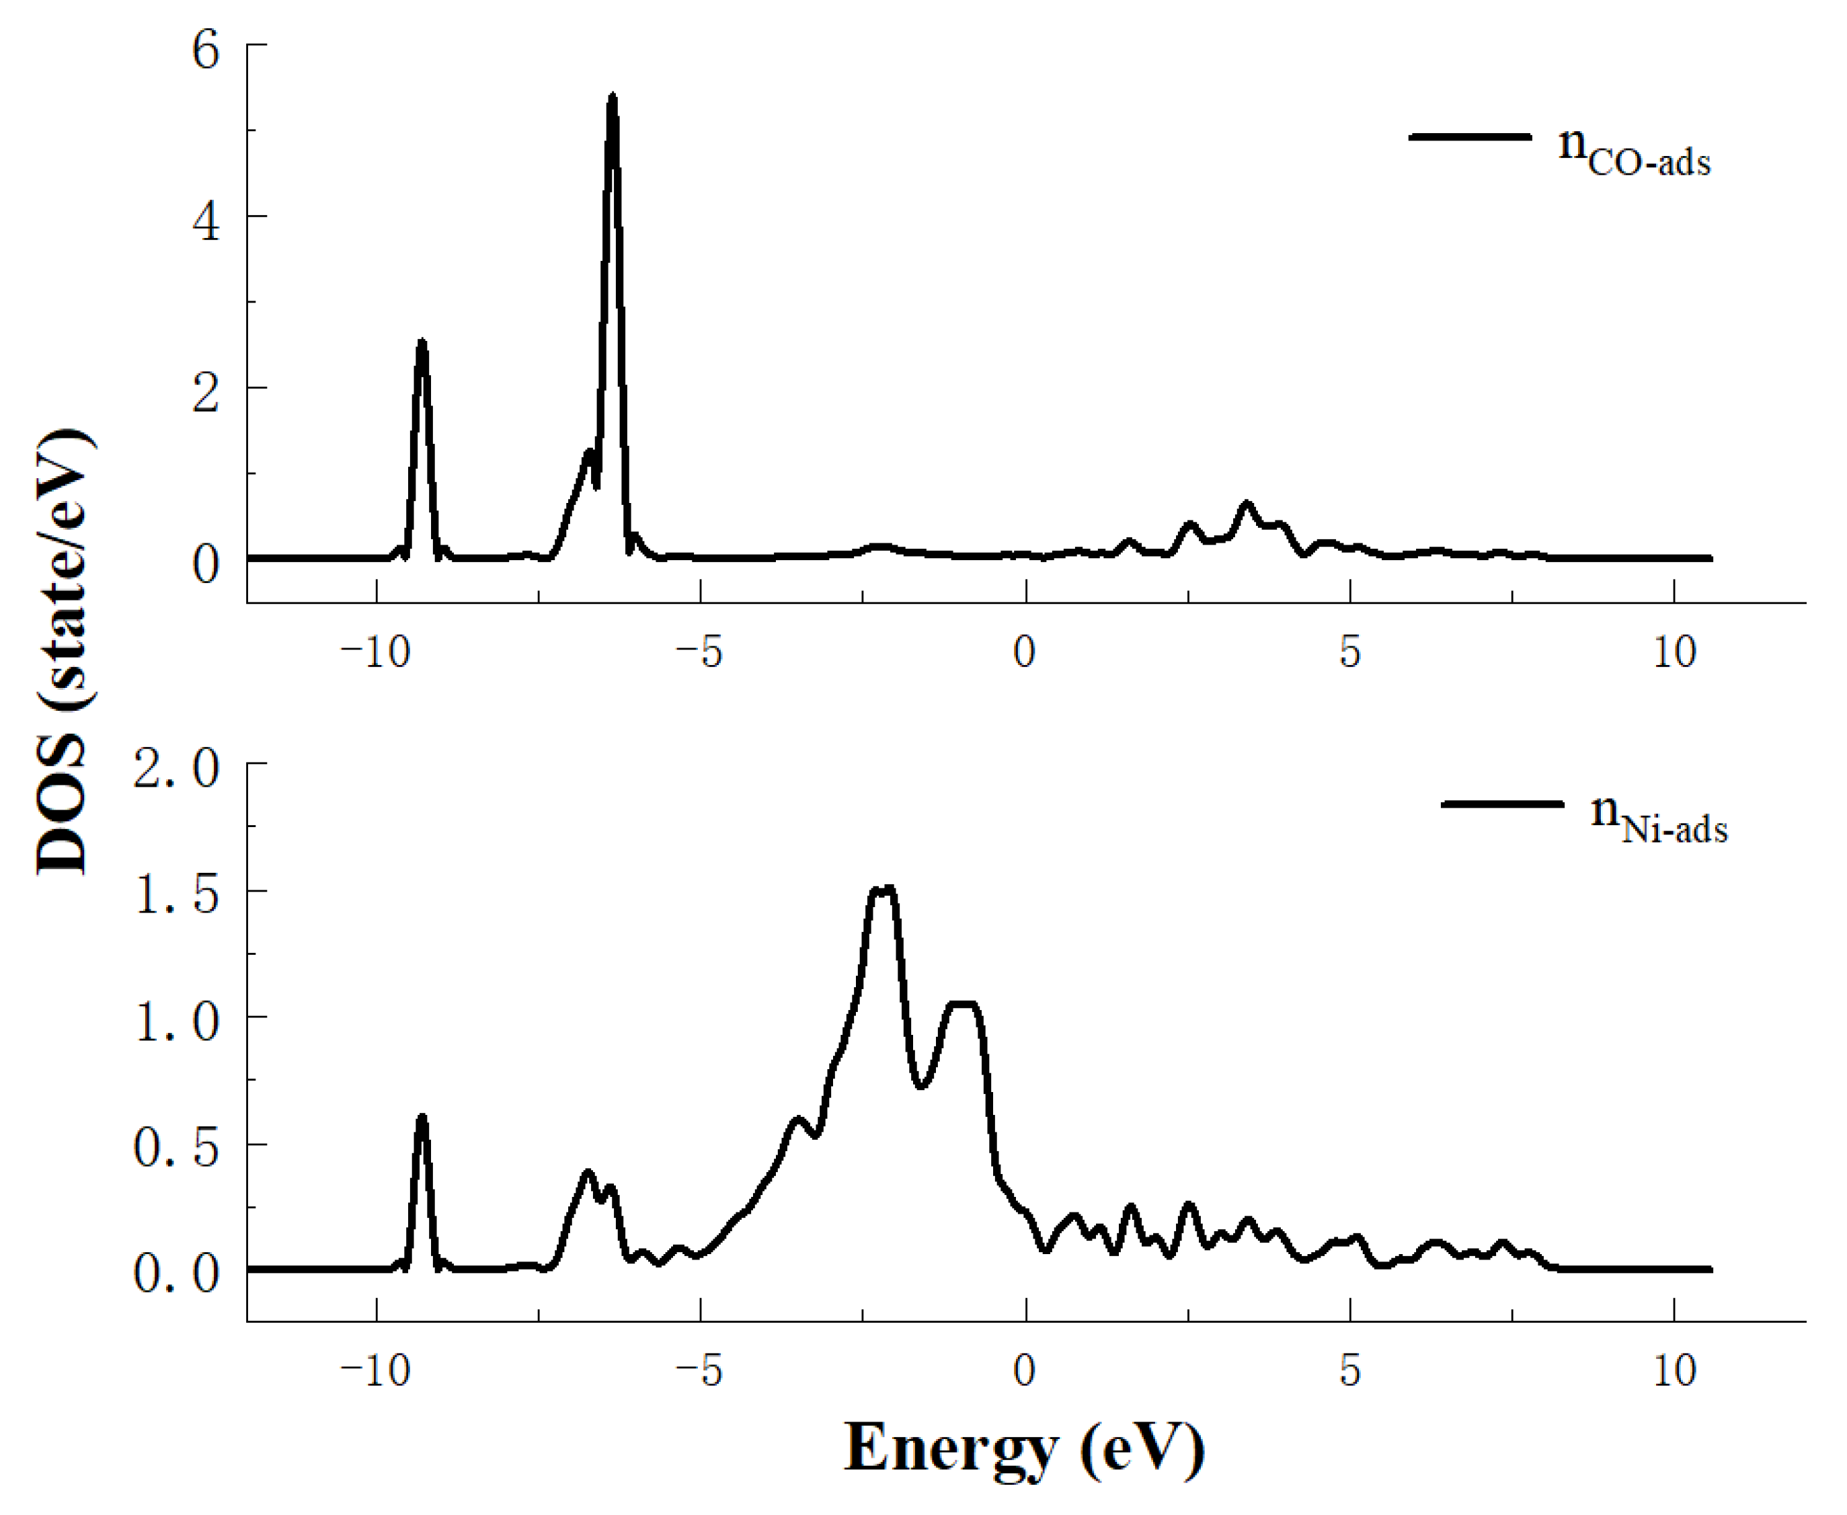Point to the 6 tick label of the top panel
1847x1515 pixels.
(x=206, y=50)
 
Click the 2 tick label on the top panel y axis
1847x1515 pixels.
(x=206, y=393)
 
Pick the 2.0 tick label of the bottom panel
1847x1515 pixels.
(x=176, y=769)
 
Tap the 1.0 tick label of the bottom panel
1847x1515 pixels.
(x=176, y=1021)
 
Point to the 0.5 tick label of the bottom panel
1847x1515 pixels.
(x=176, y=1148)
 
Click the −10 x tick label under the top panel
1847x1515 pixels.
(x=375, y=651)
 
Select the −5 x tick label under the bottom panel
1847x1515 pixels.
(x=700, y=1370)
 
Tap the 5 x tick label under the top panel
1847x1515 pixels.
(x=1349, y=651)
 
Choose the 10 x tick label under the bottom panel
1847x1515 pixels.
(x=1674, y=1370)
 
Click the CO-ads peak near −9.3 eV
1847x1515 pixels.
(x=422, y=342)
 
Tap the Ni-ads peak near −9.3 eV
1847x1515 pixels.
(x=422, y=1117)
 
